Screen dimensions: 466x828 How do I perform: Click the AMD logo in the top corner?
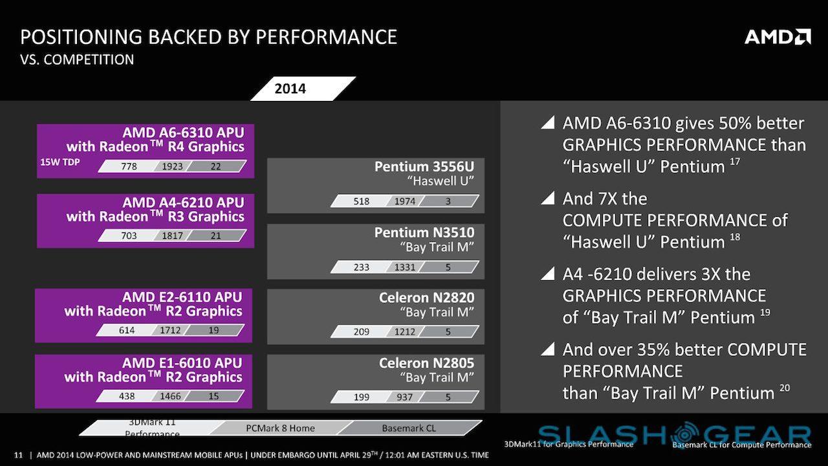[778, 36]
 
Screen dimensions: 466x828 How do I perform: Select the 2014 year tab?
[290, 89]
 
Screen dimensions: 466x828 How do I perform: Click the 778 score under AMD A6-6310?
[129, 166]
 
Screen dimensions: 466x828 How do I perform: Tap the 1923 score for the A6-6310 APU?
[173, 166]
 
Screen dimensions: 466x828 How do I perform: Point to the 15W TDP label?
[60, 162]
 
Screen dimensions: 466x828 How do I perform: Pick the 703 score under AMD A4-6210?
[129, 236]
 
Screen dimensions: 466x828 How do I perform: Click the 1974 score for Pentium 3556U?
[405, 201]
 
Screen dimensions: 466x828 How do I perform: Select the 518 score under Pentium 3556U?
[362, 201]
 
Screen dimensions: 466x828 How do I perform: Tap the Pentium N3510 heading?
[424, 232]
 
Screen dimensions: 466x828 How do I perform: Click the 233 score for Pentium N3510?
[362, 267]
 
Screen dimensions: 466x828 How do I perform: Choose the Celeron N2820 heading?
[426, 298]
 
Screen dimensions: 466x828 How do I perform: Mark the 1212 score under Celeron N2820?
[405, 331]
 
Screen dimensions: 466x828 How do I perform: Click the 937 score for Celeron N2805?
[405, 397]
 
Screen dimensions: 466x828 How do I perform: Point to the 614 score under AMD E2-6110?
[127, 330]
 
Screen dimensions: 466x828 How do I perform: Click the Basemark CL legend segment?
[409, 428]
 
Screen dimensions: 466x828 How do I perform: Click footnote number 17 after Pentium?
[735, 161]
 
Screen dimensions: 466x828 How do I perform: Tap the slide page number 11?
[18, 454]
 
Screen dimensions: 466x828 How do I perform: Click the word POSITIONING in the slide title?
[82, 36]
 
